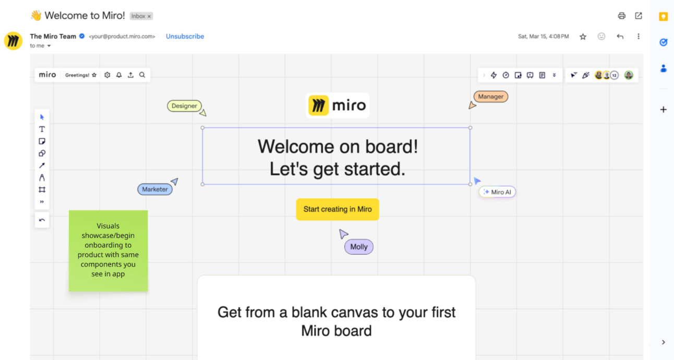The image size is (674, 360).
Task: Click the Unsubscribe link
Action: tap(185, 37)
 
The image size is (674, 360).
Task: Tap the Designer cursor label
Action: tap(184, 106)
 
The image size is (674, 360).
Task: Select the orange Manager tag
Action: tap(490, 97)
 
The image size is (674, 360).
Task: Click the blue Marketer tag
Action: tap(155, 189)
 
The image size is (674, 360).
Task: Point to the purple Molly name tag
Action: tap(358, 247)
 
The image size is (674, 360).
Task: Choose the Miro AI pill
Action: tap(497, 192)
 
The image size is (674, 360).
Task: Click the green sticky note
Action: tap(108, 251)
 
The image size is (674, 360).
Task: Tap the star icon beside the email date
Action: tap(583, 37)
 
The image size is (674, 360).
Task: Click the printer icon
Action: tap(621, 16)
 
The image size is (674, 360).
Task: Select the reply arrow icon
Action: tap(620, 37)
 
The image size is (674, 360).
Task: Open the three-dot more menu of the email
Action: tap(638, 37)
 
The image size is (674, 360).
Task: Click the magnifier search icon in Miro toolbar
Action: tap(142, 75)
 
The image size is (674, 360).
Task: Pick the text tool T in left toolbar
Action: tap(42, 129)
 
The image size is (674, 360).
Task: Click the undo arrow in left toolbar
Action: tap(42, 220)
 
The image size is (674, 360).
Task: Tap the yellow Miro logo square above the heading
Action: tap(318, 105)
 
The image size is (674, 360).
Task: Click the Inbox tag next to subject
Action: tap(141, 16)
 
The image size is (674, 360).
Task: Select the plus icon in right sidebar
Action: tap(663, 110)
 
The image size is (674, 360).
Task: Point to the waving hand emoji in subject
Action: tap(35, 16)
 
